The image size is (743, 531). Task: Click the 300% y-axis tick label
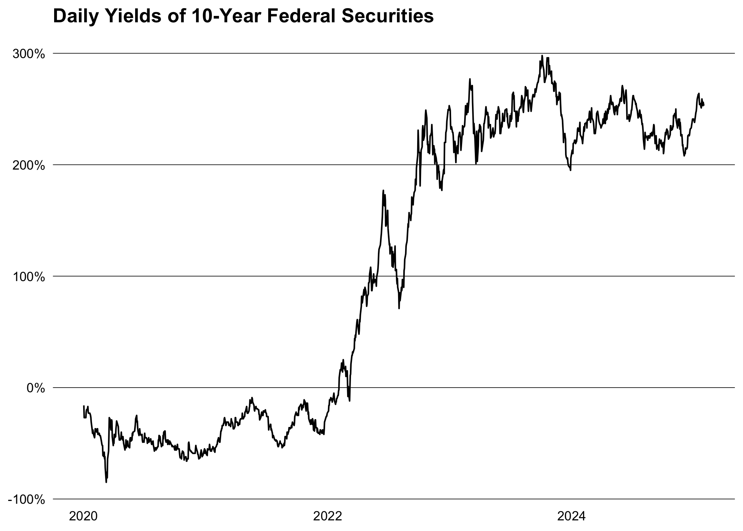click(29, 54)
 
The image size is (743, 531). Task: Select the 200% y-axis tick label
click(29, 165)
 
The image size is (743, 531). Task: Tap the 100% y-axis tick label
click(29, 277)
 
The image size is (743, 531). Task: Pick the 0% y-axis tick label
click(36, 388)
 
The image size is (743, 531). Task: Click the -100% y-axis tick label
click(27, 499)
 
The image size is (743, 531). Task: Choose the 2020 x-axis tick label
click(83, 516)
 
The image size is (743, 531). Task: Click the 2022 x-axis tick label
click(328, 516)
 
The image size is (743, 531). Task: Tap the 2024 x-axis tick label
click(572, 516)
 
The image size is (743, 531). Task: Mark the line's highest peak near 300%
click(542, 56)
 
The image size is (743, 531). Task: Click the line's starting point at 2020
click(83, 406)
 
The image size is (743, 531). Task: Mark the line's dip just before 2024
click(570, 170)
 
